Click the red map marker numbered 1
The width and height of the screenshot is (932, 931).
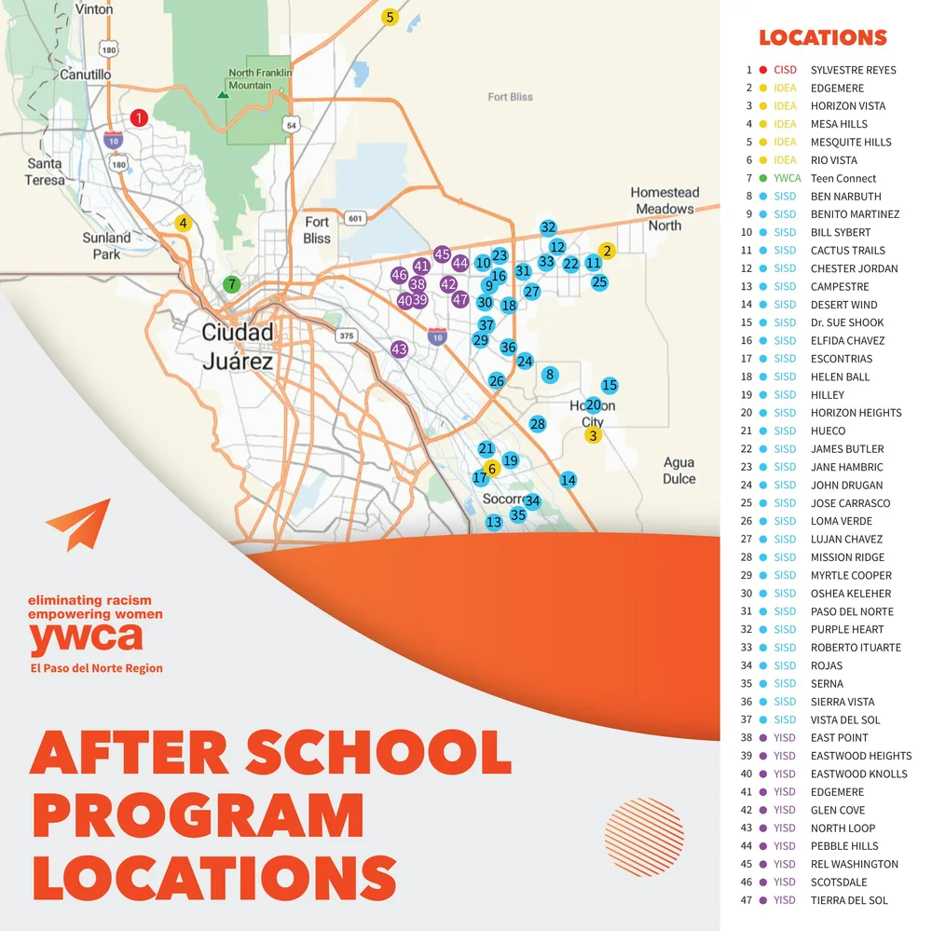tap(139, 117)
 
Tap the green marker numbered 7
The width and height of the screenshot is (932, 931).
tap(231, 284)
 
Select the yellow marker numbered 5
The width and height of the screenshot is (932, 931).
tap(390, 17)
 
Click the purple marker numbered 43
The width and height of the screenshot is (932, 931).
tap(399, 349)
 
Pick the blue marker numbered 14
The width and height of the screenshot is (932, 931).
tap(569, 480)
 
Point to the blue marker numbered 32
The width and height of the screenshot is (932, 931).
tap(548, 227)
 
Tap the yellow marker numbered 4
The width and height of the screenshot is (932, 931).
tap(184, 224)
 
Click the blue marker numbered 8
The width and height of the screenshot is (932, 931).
tap(550, 375)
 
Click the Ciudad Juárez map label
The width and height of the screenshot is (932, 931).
tap(239, 347)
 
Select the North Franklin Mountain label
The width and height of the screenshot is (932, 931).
tap(261, 79)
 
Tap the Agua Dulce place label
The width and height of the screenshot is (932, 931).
tap(678, 471)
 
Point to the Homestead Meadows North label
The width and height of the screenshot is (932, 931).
tap(665, 209)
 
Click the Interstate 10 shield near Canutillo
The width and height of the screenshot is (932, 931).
tap(112, 140)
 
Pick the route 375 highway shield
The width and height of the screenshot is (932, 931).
tap(348, 335)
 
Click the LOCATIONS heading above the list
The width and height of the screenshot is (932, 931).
tap(822, 38)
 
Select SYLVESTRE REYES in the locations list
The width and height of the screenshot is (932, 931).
tap(853, 70)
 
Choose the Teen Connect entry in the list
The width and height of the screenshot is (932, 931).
tap(843, 178)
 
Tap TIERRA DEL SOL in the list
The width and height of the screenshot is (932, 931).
tap(849, 900)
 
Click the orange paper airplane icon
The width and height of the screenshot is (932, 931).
tap(78, 525)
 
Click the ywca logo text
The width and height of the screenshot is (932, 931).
tap(86, 639)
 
